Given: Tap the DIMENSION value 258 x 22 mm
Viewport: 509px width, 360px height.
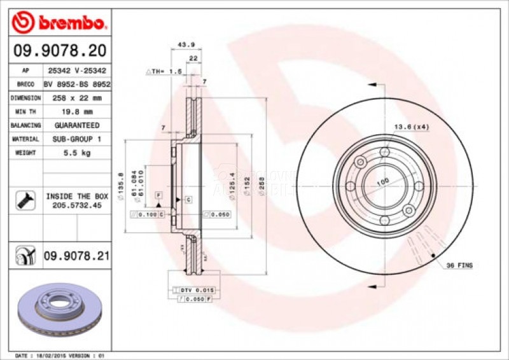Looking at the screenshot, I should (76, 98).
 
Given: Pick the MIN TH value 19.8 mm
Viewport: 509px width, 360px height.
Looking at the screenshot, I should (76, 112).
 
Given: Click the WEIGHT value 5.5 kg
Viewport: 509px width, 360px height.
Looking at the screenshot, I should (76, 153).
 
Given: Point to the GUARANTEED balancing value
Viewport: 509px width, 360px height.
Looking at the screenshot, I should (76, 125).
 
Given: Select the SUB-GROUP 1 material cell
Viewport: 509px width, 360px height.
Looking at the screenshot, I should (76, 139).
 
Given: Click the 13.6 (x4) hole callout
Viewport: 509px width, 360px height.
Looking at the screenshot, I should (411, 127).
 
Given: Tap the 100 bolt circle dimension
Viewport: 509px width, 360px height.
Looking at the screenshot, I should (382, 183).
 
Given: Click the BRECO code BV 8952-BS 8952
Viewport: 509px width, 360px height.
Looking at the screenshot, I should (76, 84).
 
